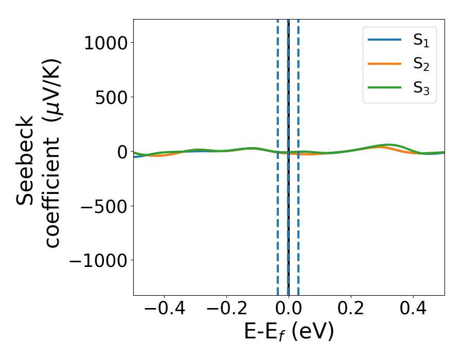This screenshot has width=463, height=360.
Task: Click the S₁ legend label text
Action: pos(421,41)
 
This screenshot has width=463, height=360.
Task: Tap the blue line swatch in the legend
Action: pos(384,41)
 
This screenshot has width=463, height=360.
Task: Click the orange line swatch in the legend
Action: pos(384,64)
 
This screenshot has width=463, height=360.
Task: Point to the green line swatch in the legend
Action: pos(384,87)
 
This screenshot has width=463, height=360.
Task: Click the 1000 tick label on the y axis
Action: pos(105,43)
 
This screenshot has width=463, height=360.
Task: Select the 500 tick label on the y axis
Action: pos(113,97)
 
